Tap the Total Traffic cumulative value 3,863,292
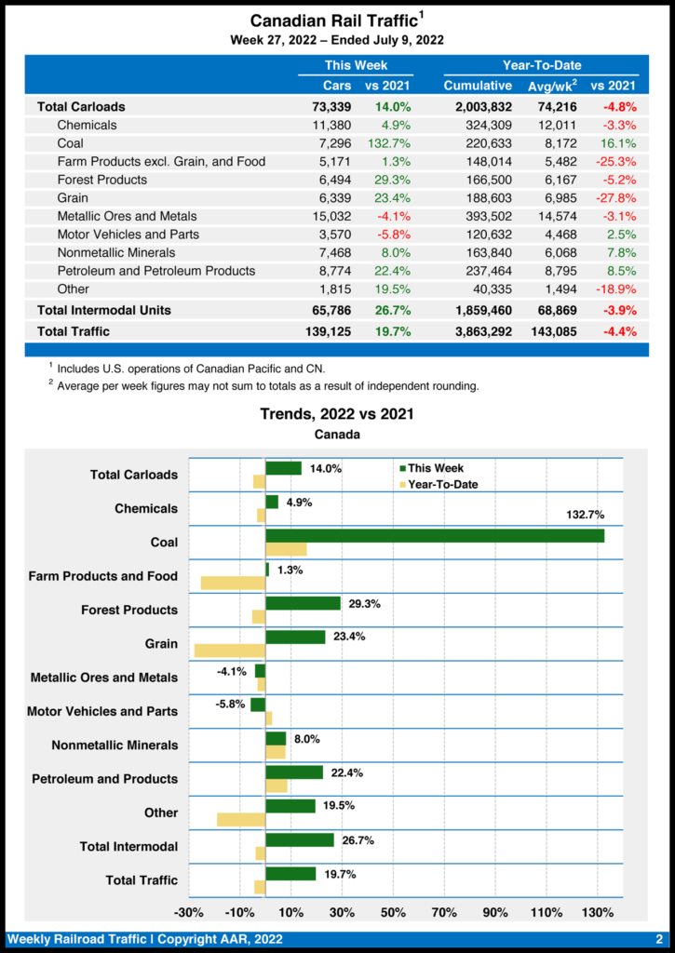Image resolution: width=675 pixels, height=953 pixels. pyautogui.click(x=478, y=331)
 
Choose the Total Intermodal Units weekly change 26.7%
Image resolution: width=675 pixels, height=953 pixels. pyautogui.click(x=392, y=310)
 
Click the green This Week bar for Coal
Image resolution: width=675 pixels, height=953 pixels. pyautogui.click(x=435, y=536)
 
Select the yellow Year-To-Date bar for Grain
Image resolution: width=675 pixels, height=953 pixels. pyautogui.click(x=229, y=651)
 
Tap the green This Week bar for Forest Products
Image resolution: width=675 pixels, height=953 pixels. pyautogui.click(x=303, y=603)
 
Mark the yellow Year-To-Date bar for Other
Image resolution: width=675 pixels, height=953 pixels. pyautogui.click(x=241, y=820)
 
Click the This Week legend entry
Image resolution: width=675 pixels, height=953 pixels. pyautogui.click(x=430, y=468)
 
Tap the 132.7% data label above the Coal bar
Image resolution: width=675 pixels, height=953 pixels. pyautogui.click(x=585, y=515)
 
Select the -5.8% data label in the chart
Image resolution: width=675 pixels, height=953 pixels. pyautogui.click(x=230, y=705)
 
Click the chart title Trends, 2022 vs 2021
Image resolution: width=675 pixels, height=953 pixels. pyautogui.click(x=337, y=413)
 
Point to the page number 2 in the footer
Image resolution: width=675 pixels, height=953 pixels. pyautogui.click(x=658, y=939)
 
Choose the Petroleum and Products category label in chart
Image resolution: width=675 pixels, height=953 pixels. pyautogui.click(x=104, y=779)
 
